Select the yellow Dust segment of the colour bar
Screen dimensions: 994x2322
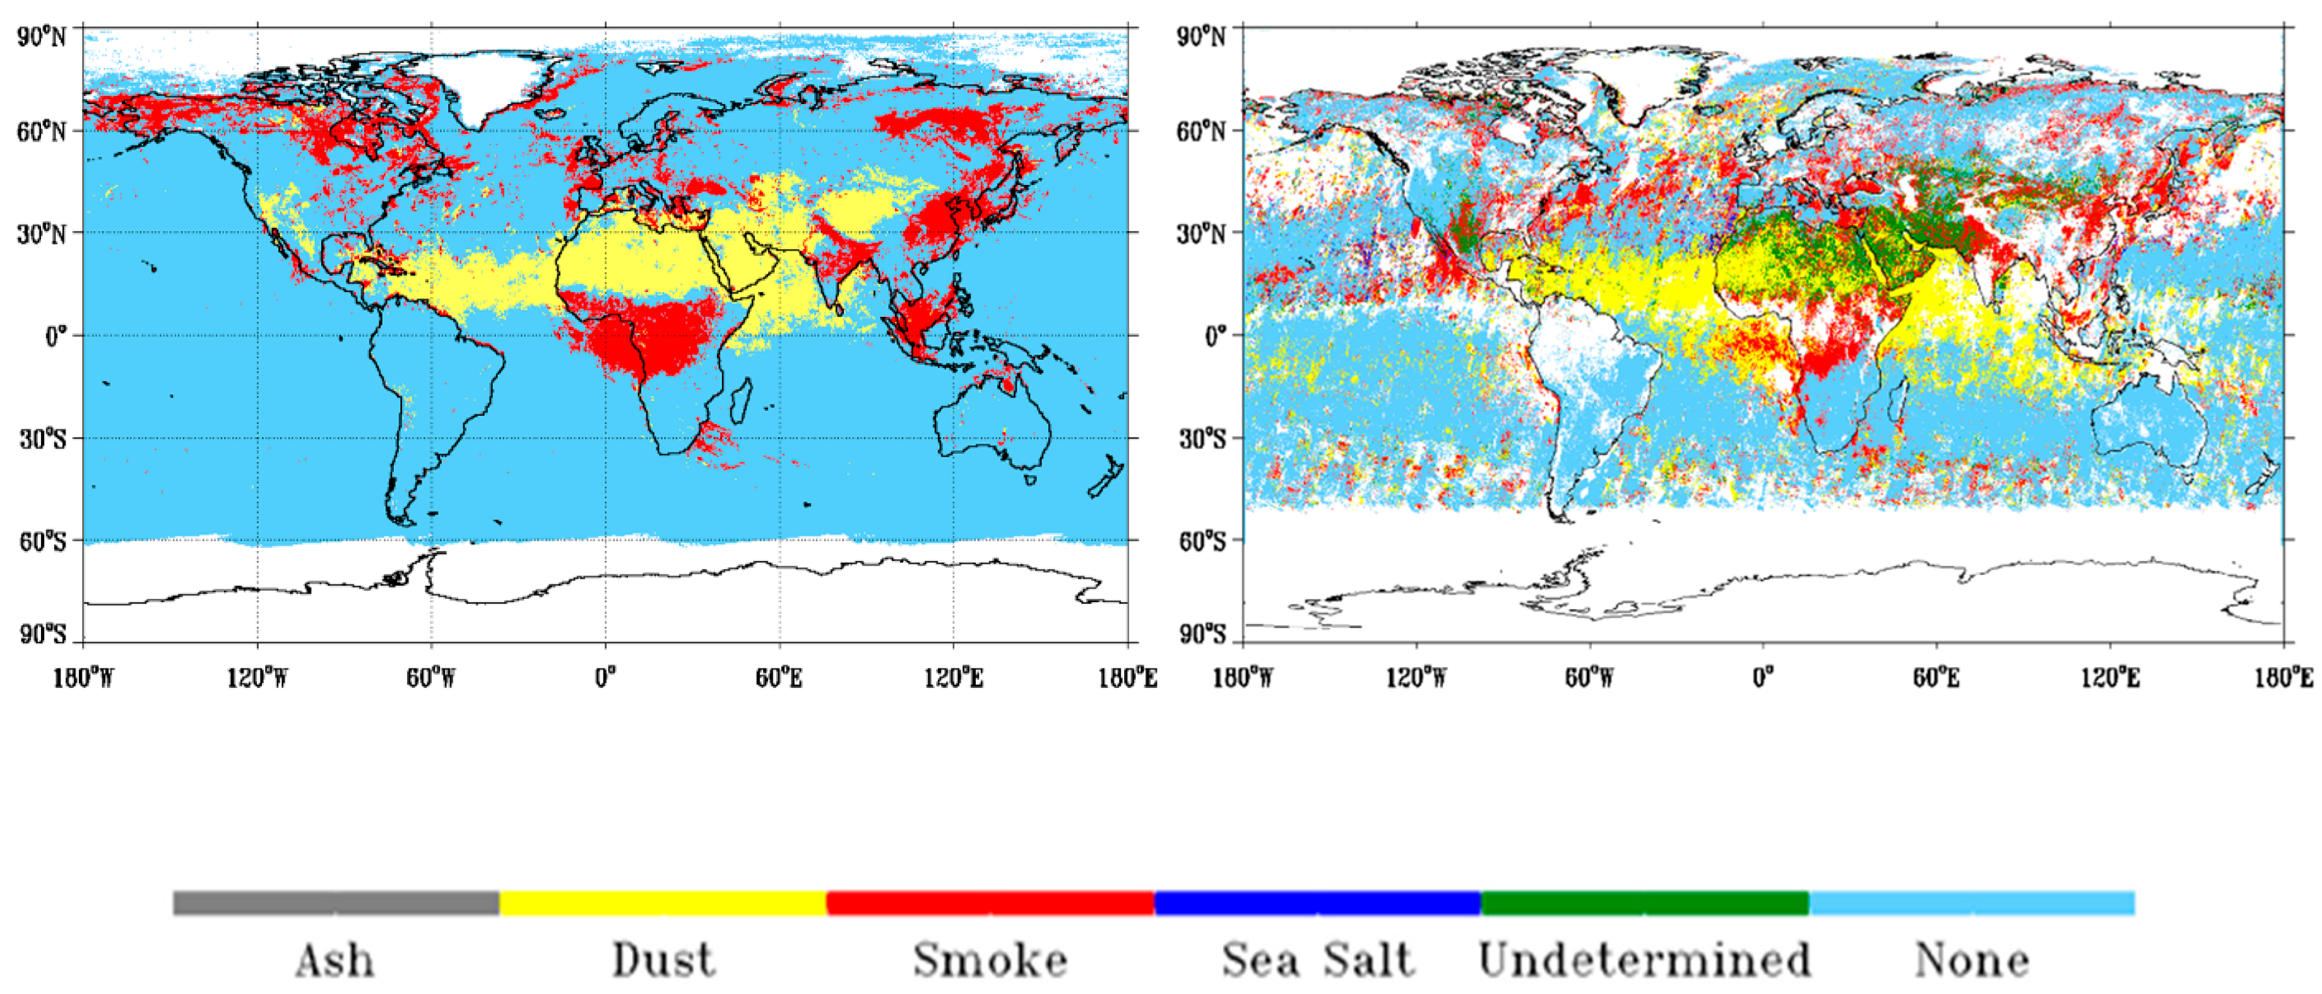click(663, 903)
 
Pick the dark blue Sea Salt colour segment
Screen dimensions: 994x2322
click(1317, 903)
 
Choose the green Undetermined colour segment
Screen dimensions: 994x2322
click(1644, 903)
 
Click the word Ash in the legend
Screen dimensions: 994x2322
click(335, 961)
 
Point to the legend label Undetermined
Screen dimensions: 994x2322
click(1644, 961)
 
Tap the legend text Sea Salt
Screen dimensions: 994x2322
click(1317, 961)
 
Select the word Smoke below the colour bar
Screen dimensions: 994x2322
click(990, 961)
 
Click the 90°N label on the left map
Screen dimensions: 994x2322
click(42, 37)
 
